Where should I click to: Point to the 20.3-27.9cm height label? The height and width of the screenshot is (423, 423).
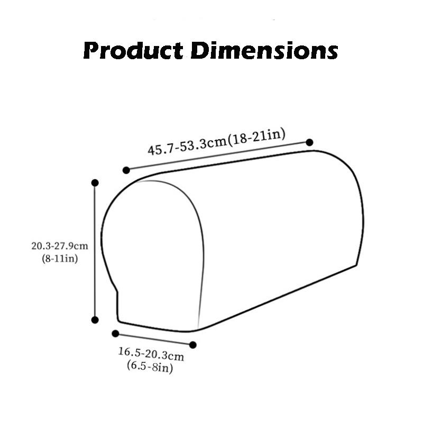pyautogui.click(x=59, y=246)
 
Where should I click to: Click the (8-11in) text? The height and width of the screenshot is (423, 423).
pyautogui.click(x=59, y=259)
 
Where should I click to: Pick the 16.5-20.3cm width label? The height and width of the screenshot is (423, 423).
pyautogui.click(x=151, y=353)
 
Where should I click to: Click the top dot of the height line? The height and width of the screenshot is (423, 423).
pyautogui.click(x=95, y=182)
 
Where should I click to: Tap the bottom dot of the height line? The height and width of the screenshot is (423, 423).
pyautogui.click(x=95, y=319)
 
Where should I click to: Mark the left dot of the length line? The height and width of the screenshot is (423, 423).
pyautogui.click(x=126, y=170)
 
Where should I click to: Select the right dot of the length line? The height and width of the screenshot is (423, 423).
pyautogui.click(x=309, y=142)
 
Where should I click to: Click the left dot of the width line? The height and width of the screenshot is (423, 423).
pyautogui.click(x=115, y=333)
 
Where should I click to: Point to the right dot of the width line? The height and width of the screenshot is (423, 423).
pyautogui.click(x=193, y=345)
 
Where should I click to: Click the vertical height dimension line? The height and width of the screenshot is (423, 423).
pyautogui.click(x=95, y=251)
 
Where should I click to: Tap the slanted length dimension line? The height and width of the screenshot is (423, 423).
pyautogui.click(x=217, y=156)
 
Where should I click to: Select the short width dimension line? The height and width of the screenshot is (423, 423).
pyautogui.click(x=153, y=339)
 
